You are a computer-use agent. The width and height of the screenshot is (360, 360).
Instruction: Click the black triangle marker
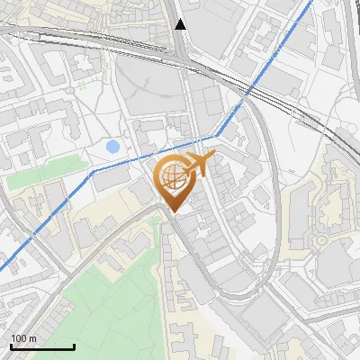(181, 24)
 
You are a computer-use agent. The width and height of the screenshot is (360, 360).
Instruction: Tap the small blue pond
(112, 146)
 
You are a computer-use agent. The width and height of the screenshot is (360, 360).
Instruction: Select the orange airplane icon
(199, 164)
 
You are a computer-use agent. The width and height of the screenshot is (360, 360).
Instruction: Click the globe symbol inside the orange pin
(170, 178)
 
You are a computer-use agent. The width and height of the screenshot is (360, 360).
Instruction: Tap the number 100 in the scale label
(19, 338)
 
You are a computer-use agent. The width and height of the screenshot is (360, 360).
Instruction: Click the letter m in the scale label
(33, 338)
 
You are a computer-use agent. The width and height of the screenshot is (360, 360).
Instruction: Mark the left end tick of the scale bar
(10, 346)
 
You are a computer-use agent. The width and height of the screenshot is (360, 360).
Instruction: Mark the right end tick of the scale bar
(74, 346)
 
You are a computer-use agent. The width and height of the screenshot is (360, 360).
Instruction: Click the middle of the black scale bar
(41, 347)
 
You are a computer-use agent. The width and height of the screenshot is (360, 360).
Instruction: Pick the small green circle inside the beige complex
(319, 240)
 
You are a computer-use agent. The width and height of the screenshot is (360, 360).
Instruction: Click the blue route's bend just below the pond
(93, 169)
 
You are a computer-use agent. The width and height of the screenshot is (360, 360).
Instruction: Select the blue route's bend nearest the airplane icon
(217, 136)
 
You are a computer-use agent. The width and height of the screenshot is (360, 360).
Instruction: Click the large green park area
(108, 297)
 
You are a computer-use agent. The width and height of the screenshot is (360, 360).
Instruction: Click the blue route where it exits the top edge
(312, 1)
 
